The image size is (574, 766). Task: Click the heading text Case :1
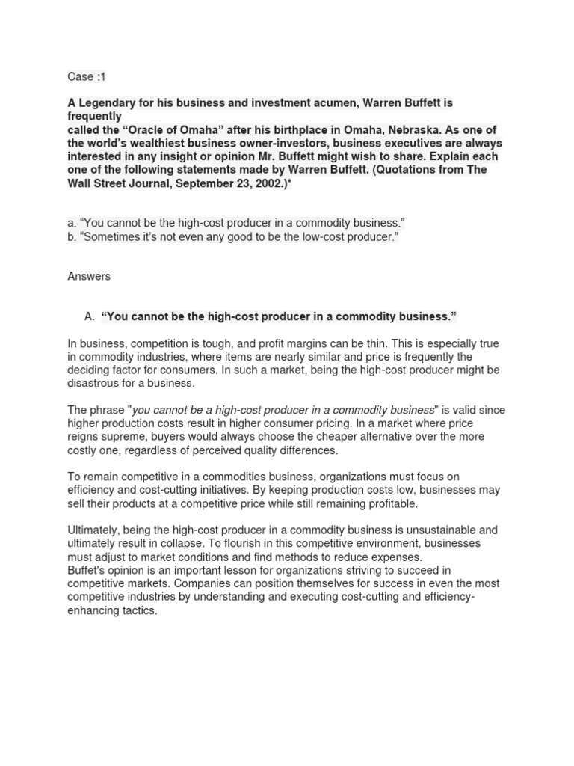pos(81,76)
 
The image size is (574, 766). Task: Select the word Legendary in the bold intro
pos(105,103)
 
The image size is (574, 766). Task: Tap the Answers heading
pos(89,276)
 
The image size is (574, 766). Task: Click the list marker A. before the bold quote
pos(90,316)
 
